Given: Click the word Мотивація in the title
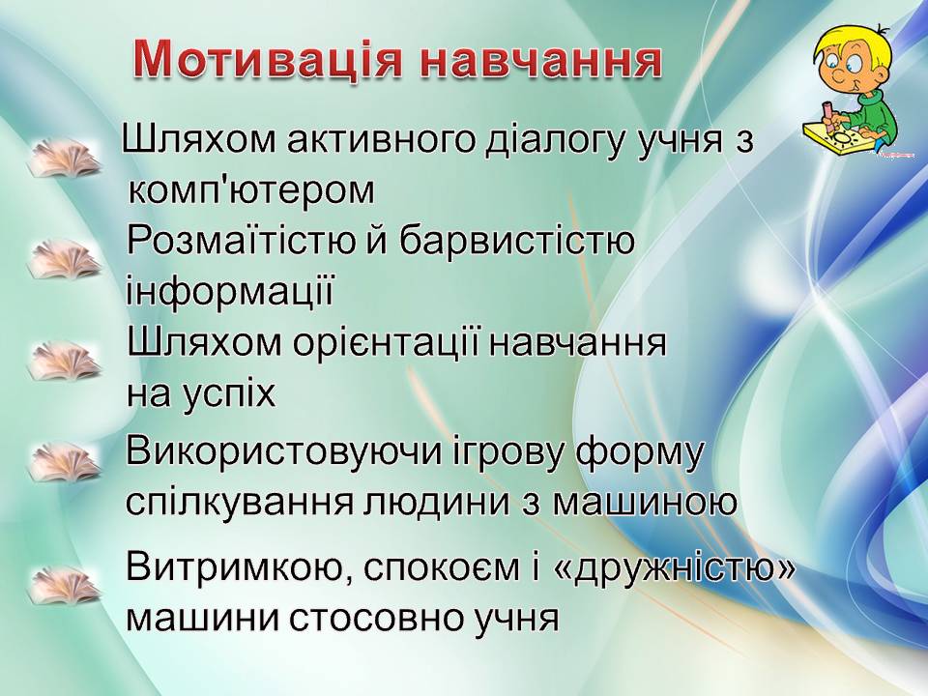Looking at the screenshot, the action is click(x=267, y=60).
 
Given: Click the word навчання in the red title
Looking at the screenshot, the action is click(x=540, y=60).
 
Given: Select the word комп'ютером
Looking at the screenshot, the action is click(x=251, y=190).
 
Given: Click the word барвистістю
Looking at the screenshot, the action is click(x=516, y=242).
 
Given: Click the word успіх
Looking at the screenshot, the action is click(x=233, y=393).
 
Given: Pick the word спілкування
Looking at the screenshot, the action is click(x=236, y=503).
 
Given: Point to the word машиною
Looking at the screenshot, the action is click(x=645, y=503).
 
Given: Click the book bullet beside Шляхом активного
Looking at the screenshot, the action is click(x=64, y=158).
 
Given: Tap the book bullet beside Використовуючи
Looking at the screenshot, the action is click(x=64, y=462).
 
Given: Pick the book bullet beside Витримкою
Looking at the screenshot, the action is click(x=64, y=586).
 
